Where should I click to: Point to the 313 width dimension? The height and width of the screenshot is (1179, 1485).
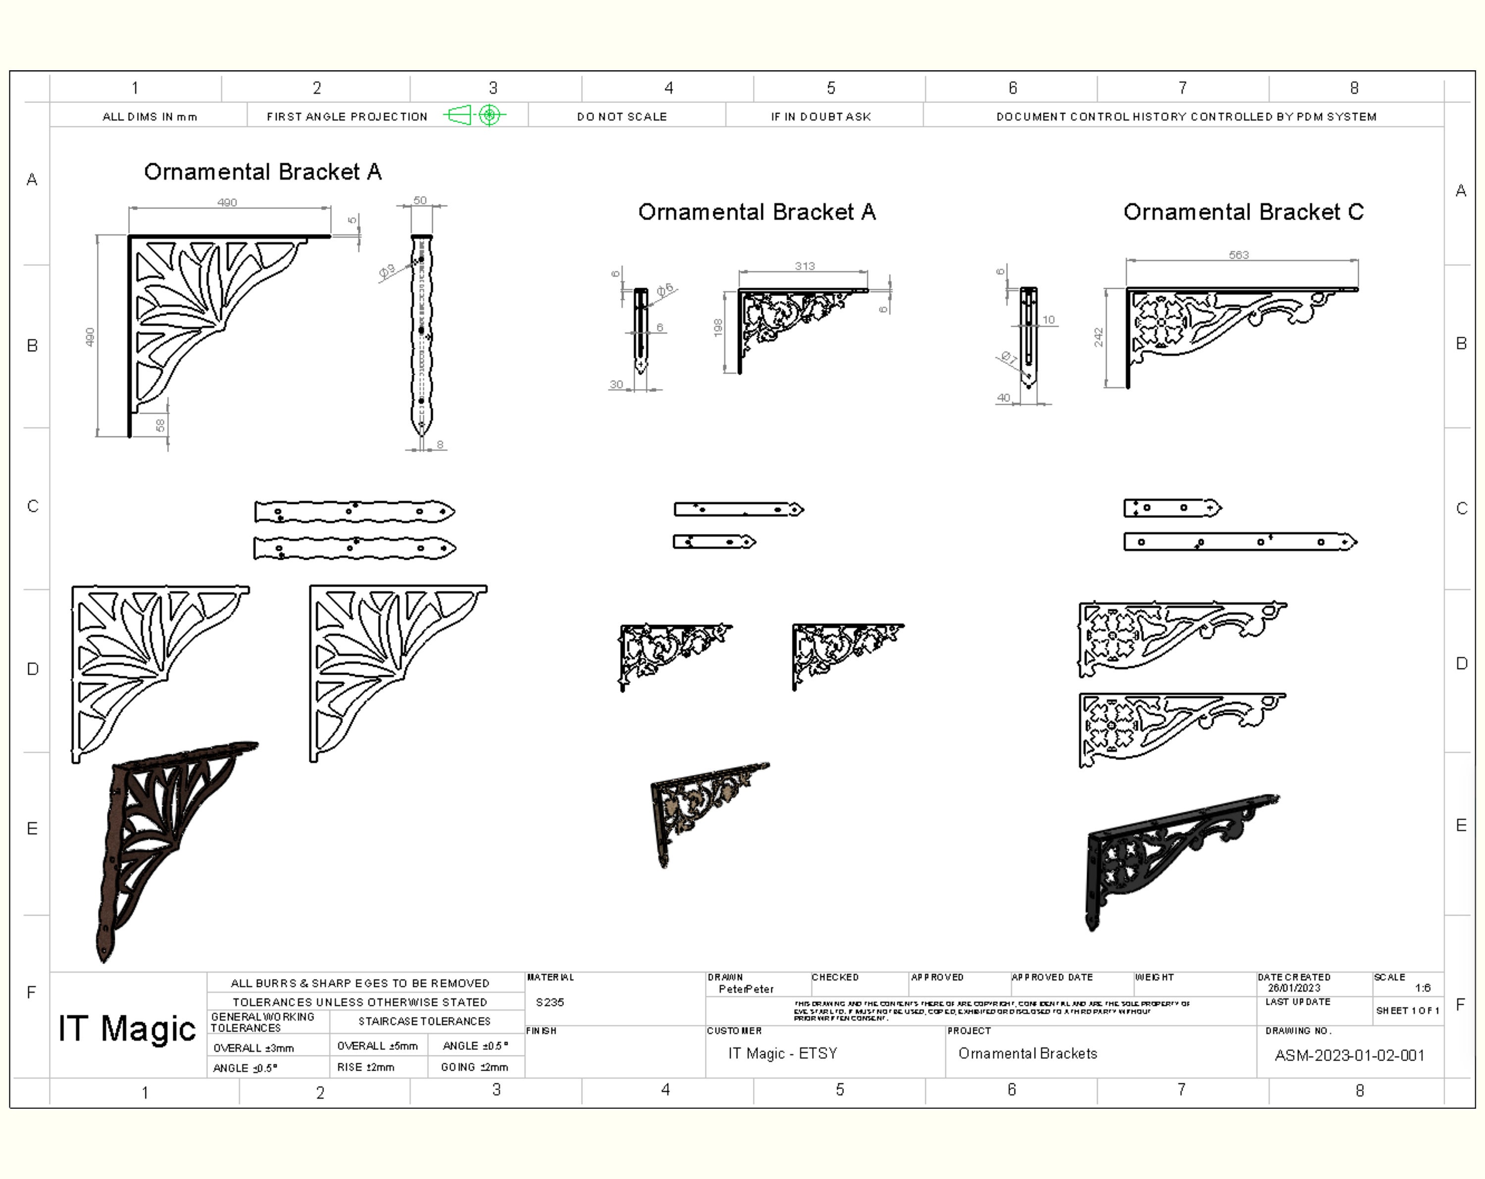pos(804,266)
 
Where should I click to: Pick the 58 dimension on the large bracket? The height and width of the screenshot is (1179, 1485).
pos(160,426)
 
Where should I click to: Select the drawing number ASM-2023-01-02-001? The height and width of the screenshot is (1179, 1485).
pos(1348,1056)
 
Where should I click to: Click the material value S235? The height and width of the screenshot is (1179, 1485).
pos(549,1002)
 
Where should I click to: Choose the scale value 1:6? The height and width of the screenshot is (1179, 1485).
pos(1422,987)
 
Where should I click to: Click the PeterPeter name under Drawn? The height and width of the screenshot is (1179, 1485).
pos(745,989)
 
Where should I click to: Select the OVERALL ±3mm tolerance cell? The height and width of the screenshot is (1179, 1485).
pos(253,1047)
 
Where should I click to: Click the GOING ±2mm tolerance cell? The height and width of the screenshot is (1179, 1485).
pos(475,1067)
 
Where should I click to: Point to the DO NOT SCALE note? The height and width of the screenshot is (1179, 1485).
pos(621,116)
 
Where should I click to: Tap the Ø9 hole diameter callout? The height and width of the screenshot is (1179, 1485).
pos(387,271)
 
